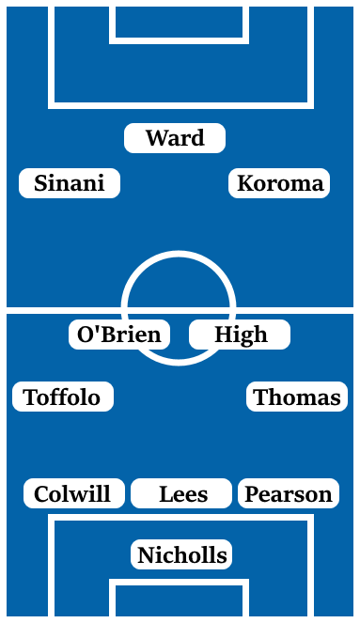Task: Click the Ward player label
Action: (175, 138)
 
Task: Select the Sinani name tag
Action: (70, 183)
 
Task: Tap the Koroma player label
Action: (279, 183)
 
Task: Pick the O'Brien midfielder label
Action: (118, 335)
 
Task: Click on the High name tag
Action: (240, 335)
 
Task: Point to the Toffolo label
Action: (62, 397)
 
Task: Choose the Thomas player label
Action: (297, 397)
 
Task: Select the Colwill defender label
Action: (72, 493)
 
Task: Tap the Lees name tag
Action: (182, 493)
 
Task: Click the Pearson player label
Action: (288, 493)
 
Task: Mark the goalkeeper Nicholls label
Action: (181, 555)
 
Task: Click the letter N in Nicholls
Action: (145, 555)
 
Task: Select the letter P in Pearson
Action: (251, 493)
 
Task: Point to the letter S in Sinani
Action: (40, 183)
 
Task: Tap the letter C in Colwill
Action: (41, 493)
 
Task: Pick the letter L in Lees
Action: (165, 493)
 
